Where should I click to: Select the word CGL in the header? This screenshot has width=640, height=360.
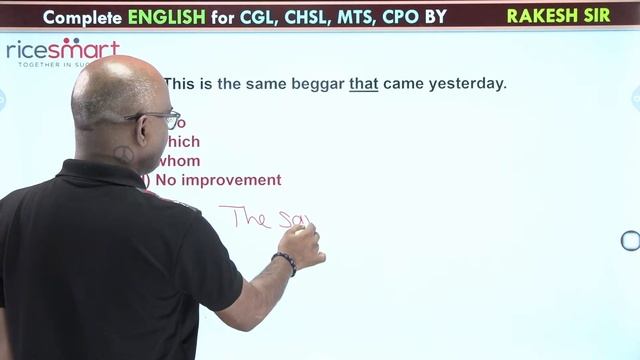[243, 17]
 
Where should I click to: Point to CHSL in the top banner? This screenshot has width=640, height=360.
[296, 17]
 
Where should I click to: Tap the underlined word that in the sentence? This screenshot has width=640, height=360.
[363, 84]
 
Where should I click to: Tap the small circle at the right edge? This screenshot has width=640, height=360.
[630, 240]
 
